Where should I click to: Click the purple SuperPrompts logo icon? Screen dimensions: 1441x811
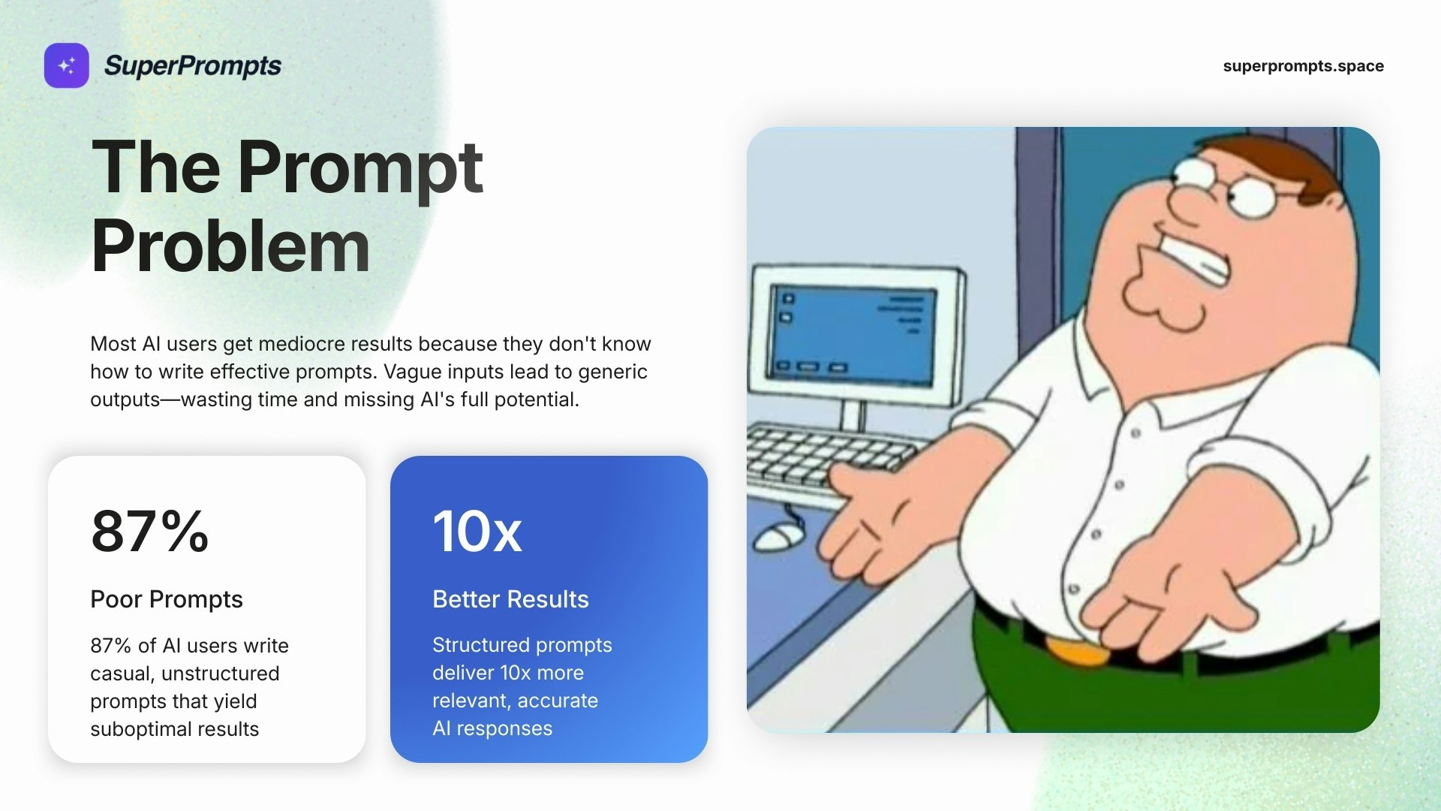coord(66,65)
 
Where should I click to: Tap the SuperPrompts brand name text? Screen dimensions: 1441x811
coord(193,66)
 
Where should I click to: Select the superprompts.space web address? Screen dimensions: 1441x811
coord(1303,66)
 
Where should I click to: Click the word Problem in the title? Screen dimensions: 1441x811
coord(230,246)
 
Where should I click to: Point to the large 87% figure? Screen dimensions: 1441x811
coord(149,531)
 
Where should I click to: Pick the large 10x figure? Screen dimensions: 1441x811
coord(477,531)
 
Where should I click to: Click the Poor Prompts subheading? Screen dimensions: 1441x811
coord(167,599)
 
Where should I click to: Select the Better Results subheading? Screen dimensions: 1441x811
coord(510,599)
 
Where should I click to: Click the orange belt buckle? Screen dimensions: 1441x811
coord(1078,650)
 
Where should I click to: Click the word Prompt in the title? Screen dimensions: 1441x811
coord(360,169)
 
